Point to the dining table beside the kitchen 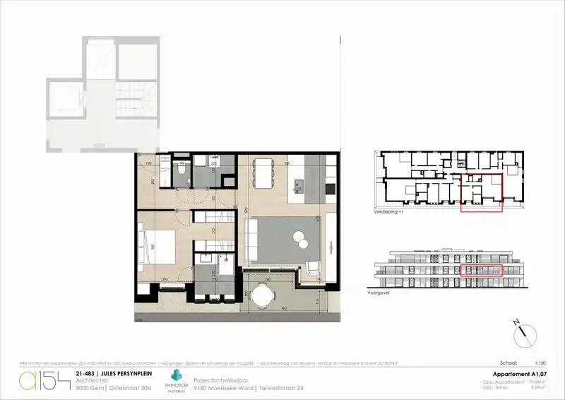(263, 172)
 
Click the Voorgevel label (379, 291)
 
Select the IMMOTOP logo (174, 379)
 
